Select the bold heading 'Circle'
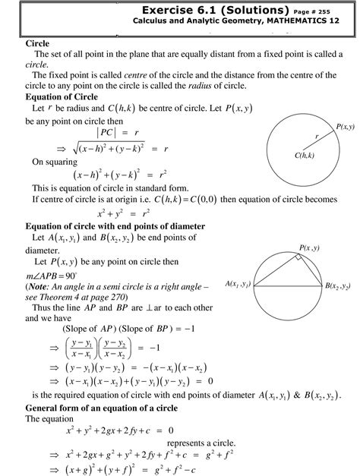point(37,44)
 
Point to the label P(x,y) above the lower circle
point(308,248)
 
